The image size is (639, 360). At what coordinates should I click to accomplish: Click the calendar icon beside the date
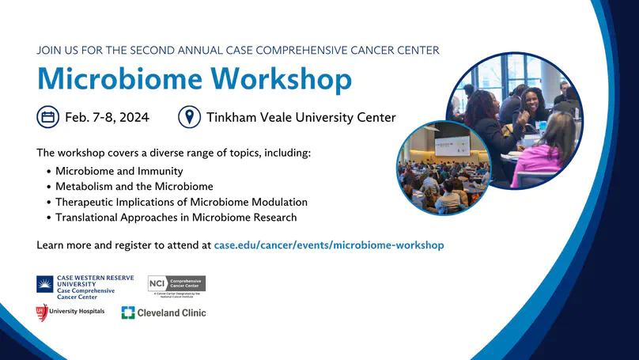(47, 118)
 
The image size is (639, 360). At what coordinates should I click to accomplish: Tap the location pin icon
(189, 118)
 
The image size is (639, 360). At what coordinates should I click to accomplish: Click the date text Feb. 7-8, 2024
(107, 118)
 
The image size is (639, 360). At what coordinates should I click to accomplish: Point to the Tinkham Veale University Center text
(301, 118)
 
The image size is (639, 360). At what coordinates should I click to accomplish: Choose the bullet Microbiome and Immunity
(119, 171)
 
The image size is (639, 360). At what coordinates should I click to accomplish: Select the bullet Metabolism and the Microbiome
(134, 187)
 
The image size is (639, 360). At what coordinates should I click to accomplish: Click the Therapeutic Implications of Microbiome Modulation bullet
(181, 202)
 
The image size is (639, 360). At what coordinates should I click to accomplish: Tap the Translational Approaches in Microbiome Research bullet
(176, 217)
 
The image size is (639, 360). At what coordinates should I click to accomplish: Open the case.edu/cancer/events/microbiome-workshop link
(328, 245)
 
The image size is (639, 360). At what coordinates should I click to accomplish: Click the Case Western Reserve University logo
(85, 287)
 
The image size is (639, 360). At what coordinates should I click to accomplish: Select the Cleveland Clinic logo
(164, 313)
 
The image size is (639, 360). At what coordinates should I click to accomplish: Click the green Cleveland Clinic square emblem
(127, 313)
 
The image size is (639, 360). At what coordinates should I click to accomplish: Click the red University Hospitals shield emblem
(42, 312)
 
